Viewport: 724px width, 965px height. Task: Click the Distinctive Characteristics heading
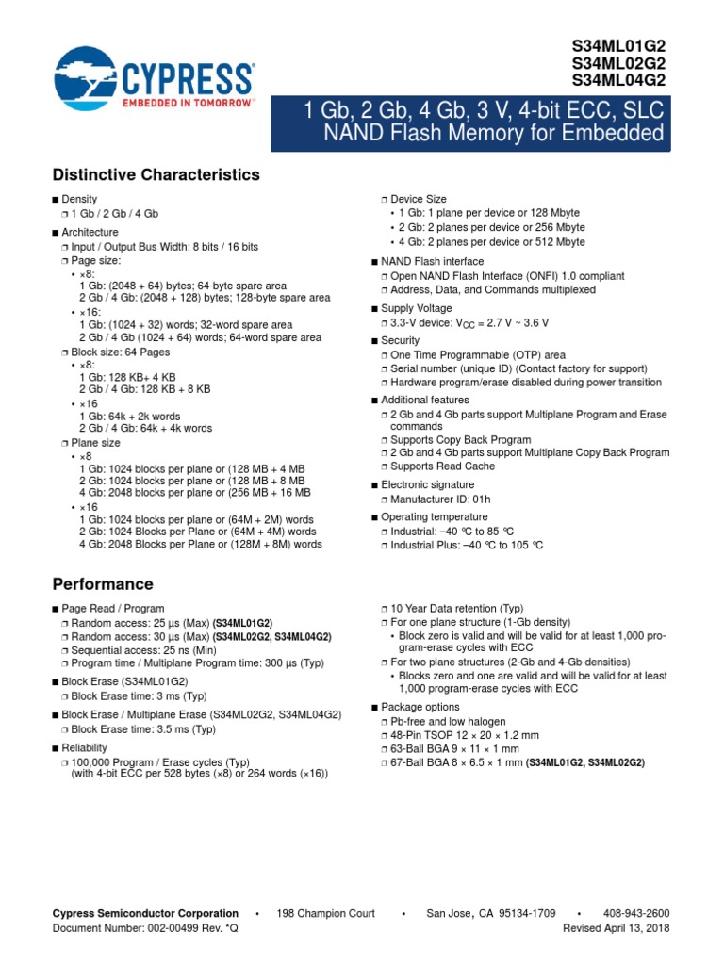[x=156, y=175]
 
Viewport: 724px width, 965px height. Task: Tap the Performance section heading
[x=103, y=584]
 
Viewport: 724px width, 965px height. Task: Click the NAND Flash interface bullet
[x=432, y=261]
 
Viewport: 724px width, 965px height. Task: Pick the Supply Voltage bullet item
[x=416, y=308]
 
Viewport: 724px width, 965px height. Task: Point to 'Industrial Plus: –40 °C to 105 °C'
[x=467, y=545]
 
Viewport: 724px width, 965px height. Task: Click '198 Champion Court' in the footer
[x=325, y=913]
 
